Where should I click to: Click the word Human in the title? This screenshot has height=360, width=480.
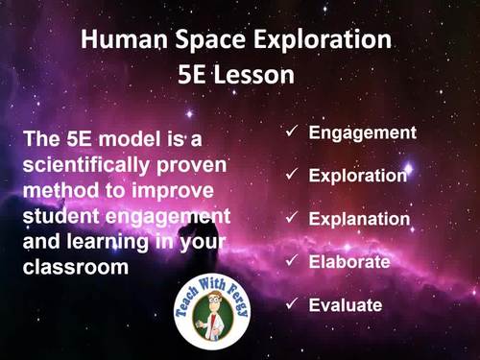click(116, 41)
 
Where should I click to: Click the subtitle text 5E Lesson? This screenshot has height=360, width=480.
click(239, 75)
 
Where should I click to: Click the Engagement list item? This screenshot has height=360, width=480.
click(362, 132)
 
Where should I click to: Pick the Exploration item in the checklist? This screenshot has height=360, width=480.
click(358, 176)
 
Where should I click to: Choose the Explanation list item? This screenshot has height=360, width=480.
click(359, 219)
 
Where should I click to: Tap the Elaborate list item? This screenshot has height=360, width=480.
click(348, 261)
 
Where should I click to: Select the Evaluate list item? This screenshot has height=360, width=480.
click(346, 305)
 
